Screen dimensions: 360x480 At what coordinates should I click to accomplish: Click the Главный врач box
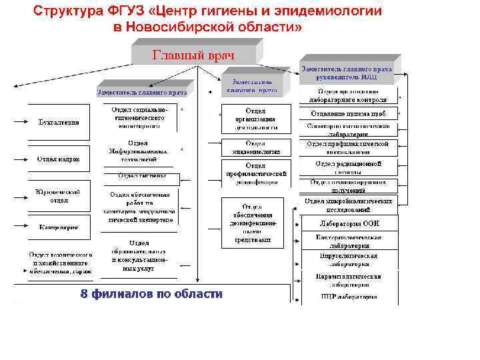[x=194, y=54]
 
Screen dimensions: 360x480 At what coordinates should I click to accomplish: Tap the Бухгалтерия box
[x=58, y=122]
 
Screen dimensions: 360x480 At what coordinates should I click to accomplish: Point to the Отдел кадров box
[x=58, y=159]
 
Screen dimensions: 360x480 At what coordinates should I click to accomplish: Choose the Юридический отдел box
[x=58, y=196]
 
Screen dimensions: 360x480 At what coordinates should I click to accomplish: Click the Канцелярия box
[x=58, y=227]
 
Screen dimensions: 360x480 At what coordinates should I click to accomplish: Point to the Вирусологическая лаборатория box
[x=349, y=259]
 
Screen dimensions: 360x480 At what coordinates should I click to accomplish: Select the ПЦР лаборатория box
[x=349, y=297]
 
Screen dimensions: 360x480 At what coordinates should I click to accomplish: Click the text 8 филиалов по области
[x=151, y=294]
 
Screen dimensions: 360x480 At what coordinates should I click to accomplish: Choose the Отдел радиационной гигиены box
[x=349, y=167]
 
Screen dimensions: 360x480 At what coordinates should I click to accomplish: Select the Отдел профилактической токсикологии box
[x=349, y=147]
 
